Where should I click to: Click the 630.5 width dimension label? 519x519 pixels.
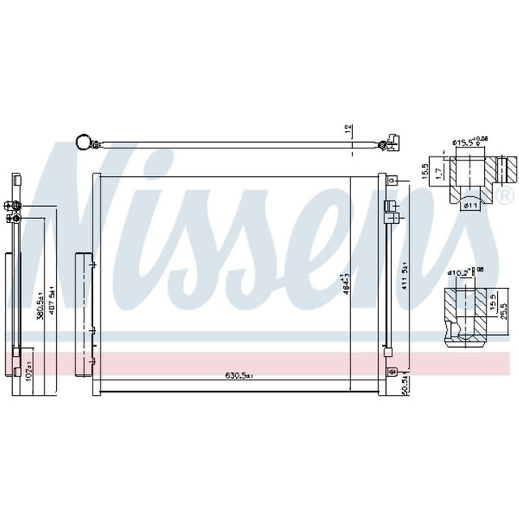tap(241, 375)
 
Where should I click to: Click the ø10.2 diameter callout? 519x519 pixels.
tap(465, 271)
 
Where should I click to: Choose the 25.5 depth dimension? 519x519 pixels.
tap(504, 311)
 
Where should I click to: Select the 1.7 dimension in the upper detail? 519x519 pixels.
tap(437, 173)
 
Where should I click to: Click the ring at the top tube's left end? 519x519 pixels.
tap(82, 144)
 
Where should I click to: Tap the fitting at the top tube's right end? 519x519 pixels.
tap(392, 143)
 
